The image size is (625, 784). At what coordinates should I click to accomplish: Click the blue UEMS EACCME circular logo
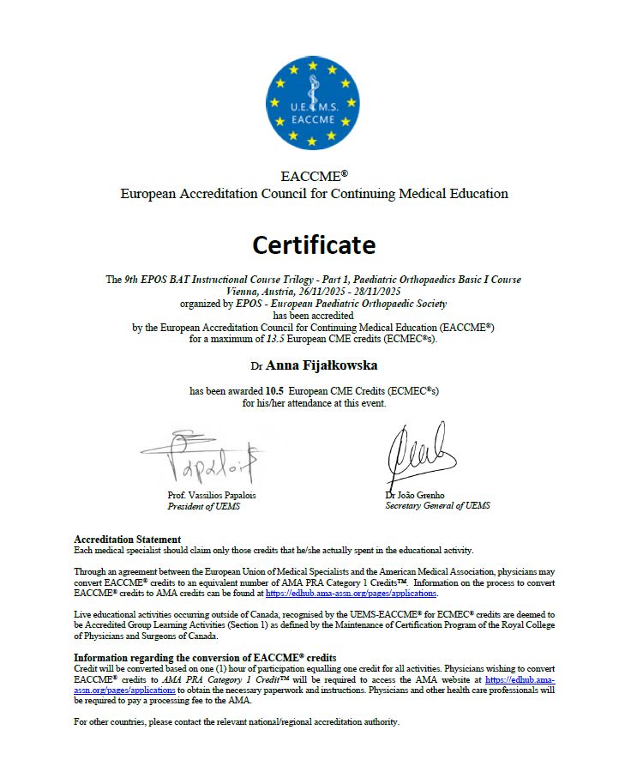click(313, 101)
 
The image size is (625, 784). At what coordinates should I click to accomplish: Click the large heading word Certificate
click(314, 245)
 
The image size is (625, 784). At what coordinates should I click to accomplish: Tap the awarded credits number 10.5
click(275, 391)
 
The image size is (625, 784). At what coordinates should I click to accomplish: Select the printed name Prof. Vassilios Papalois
click(212, 495)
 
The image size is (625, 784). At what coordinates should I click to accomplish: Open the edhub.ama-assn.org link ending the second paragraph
click(352, 594)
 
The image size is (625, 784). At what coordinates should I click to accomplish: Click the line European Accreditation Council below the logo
click(314, 194)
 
